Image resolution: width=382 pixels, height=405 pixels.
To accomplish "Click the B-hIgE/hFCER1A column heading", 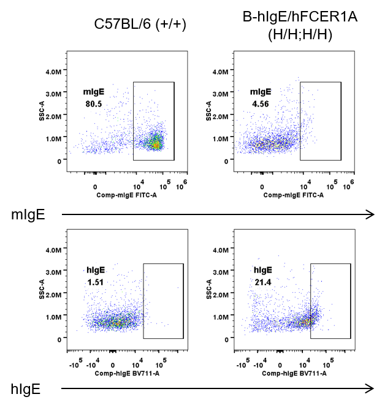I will tap(300, 18).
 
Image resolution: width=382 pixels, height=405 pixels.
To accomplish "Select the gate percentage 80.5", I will tap(94, 104).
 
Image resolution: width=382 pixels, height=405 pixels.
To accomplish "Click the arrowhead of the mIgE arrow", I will tap(370, 214).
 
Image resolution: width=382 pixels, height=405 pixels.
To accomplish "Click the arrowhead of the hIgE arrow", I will tap(370, 388).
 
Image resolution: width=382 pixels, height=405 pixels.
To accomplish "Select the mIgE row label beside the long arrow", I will tap(27, 214).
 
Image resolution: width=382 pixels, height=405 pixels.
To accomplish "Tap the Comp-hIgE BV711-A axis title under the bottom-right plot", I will tap(294, 373).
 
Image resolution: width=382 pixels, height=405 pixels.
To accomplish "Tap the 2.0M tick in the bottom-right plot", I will tap(220, 294).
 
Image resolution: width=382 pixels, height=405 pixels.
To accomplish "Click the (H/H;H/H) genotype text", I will tap(300, 35).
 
